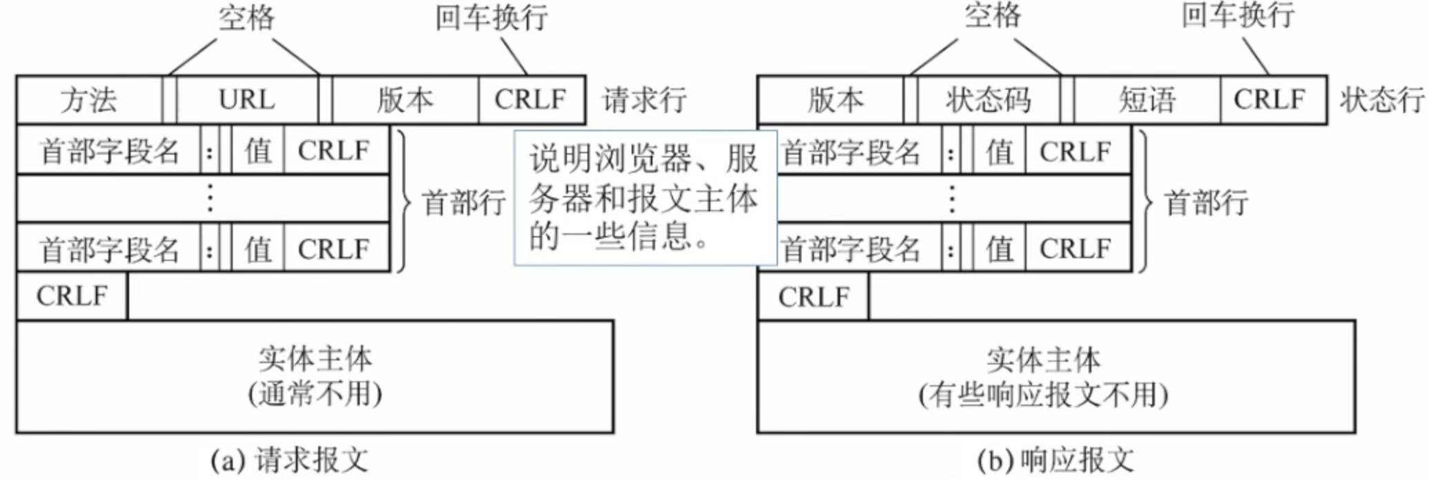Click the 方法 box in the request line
[89, 100]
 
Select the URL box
[247, 100]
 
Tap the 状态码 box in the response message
[988, 100]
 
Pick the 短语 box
[1147, 100]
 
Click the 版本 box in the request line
[405, 100]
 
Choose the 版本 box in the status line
[835, 100]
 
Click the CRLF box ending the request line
[530, 100]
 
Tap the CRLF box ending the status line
[1270, 100]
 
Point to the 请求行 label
[644, 100]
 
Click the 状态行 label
[1381, 100]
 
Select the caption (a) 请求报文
[289, 460]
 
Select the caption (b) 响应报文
[1056, 460]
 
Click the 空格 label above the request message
[246, 18]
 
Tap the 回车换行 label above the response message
[1238, 15]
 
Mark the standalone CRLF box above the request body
[72, 296]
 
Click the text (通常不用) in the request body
[315, 394]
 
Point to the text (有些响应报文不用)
[1043, 396]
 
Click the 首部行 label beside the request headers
[463, 202]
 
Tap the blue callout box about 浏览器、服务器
[645, 197]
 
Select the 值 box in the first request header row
[258, 150]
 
